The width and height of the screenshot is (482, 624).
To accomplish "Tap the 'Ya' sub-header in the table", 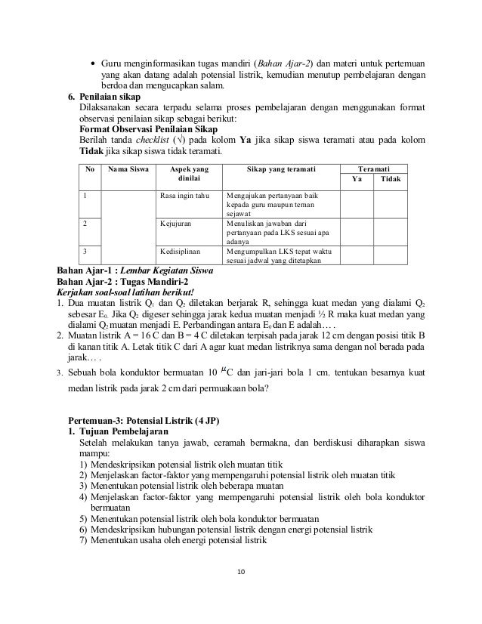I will point(358,179).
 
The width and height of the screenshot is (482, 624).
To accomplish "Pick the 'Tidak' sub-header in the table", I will point(391,179).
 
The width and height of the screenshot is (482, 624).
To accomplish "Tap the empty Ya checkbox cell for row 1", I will point(358,204).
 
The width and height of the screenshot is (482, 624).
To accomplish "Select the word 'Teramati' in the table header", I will point(374,168).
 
